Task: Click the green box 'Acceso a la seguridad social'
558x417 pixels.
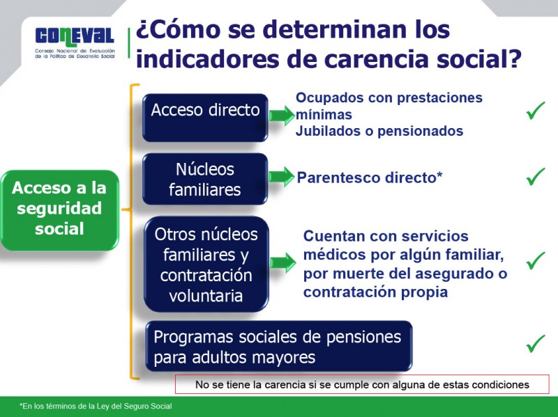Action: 60,208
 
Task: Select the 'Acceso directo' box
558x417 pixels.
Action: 205,111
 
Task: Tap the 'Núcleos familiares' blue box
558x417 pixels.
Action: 205,179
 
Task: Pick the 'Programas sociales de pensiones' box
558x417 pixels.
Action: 278,347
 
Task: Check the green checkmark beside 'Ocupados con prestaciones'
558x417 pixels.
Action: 536,110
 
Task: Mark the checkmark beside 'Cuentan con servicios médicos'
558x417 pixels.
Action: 536,260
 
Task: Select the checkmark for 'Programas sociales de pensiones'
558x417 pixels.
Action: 536,343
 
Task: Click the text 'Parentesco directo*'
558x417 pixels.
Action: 370,178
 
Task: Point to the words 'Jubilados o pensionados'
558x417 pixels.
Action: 379,131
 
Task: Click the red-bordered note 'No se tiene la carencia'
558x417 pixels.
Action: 362,384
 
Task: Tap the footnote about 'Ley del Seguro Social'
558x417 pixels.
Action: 96,406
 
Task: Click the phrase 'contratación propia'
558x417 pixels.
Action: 375,292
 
